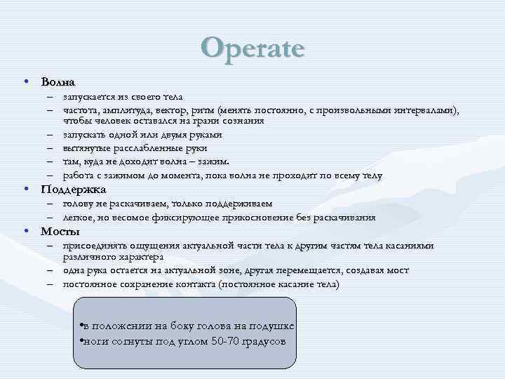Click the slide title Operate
tap(252, 48)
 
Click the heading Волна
tap(58, 82)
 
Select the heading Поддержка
tap(74, 189)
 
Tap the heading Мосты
tap(60, 232)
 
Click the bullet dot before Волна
tap(26, 81)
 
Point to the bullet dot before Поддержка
tap(26, 189)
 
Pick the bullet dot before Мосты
tap(26, 232)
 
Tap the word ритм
tap(203, 110)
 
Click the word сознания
tap(243, 121)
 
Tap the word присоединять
tap(93, 246)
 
